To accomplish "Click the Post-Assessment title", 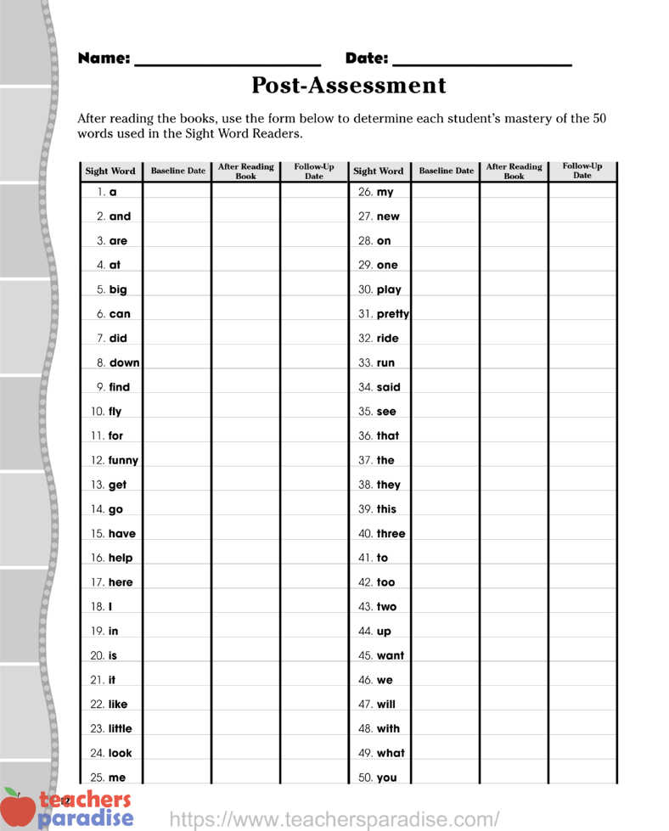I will tap(348, 86).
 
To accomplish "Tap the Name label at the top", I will tap(104, 59).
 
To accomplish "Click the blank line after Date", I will tap(481, 61).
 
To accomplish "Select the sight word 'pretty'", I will tap(392, 314).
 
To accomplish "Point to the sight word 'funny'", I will tap(123, 461).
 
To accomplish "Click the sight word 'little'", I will tap(120, 729).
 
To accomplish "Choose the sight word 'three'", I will tap(391, 534).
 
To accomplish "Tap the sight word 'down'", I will tap(124, 363).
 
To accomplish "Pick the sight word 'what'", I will tap(391, 753).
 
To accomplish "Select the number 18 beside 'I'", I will tap(97, 607).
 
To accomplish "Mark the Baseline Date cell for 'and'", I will tap(177, 216).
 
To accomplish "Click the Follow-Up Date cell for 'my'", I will tap(582, 192).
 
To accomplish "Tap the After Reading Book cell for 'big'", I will tap(245, 289).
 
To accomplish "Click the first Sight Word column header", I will tap(110, 171).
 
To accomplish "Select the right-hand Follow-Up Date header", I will tap(582, 171).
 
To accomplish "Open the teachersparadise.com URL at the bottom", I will tap(334, 819).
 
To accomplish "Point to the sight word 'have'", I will tap(121, 534).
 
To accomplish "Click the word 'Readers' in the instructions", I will tap(277, 134).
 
